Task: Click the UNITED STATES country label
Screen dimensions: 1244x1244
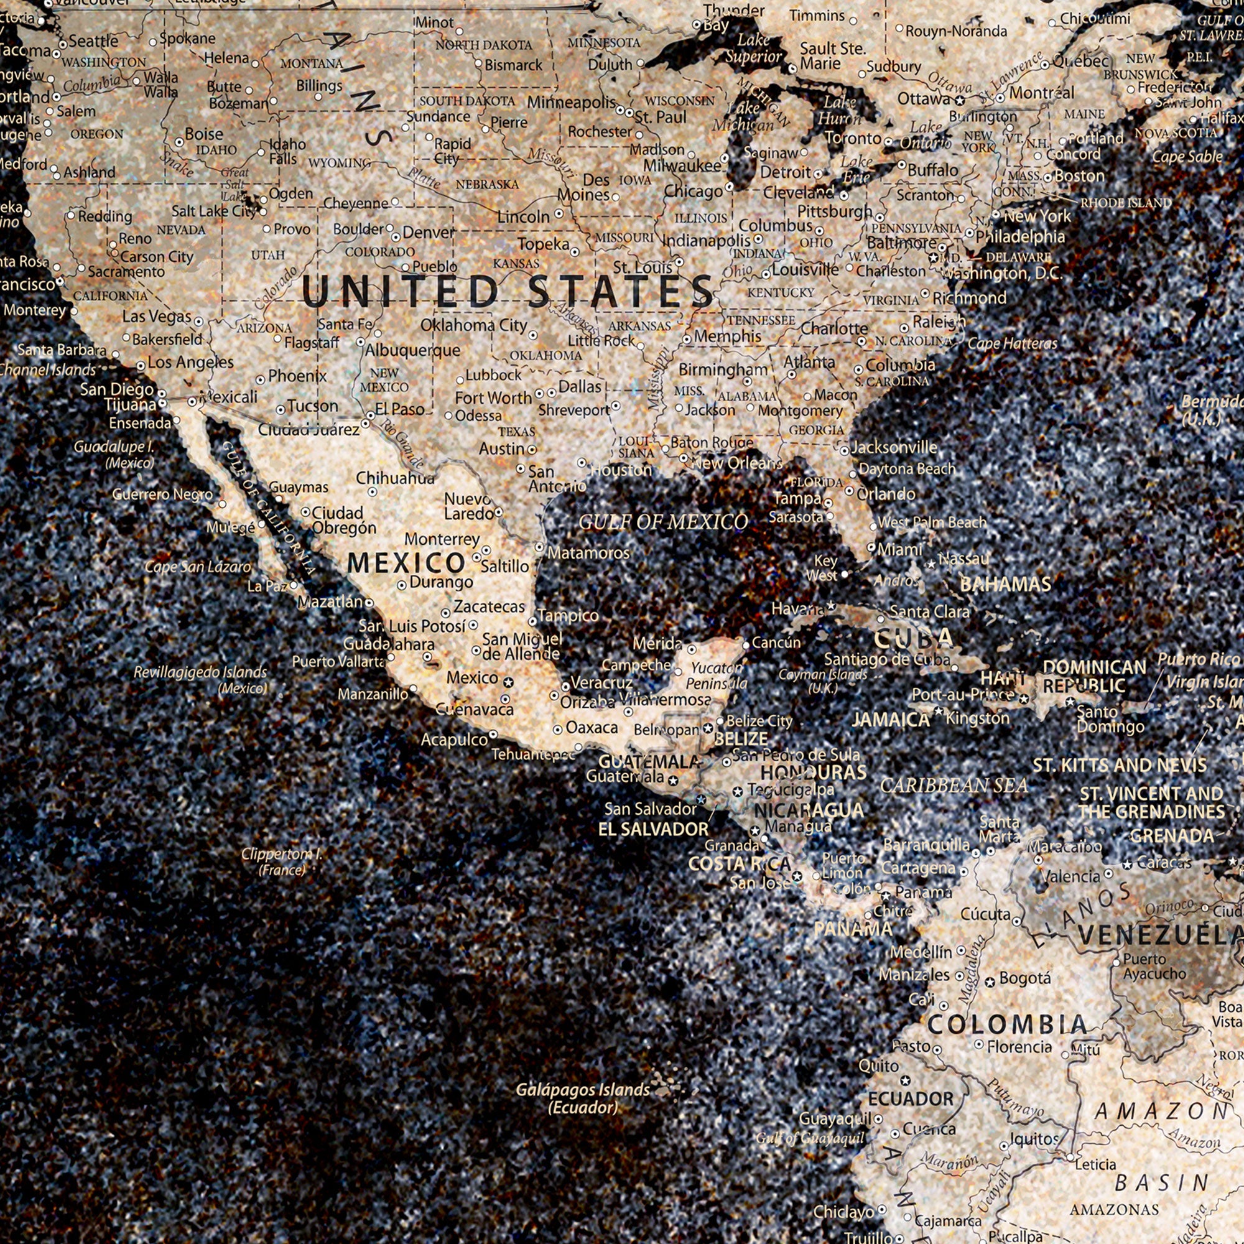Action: [507, 292]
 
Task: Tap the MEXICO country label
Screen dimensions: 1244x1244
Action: [406, 564]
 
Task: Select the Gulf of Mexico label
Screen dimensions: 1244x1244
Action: [663, 522]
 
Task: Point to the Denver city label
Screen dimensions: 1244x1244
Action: [428, 233]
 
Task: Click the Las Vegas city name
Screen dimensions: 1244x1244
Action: [157, 317]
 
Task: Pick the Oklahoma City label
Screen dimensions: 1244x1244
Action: [474, 326]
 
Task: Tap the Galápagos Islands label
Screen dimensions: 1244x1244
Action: [583, 1098]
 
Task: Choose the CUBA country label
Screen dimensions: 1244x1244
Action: [914, 638]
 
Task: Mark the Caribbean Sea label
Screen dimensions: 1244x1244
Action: [954, 786]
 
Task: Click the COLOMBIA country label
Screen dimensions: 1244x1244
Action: [1007, 1023]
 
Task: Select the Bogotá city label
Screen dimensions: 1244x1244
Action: [1025, 978]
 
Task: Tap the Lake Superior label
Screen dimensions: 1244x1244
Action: [753, 49]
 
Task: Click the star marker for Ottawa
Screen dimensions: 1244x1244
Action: [959, 100]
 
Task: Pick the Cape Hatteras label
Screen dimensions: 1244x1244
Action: [1012, 344]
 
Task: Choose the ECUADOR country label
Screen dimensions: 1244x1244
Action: [911, 1099]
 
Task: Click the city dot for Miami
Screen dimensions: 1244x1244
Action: [871, 548]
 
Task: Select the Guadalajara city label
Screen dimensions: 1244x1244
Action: [388, 644]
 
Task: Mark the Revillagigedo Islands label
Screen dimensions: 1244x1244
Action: [200, 679]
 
